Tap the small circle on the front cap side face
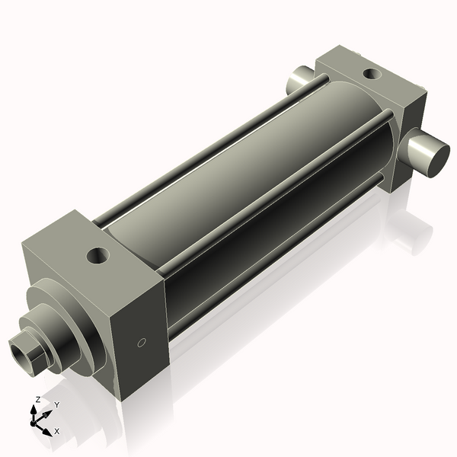[140, 344]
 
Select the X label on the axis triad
[57, 431]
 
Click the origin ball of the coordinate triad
[34, 420]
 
